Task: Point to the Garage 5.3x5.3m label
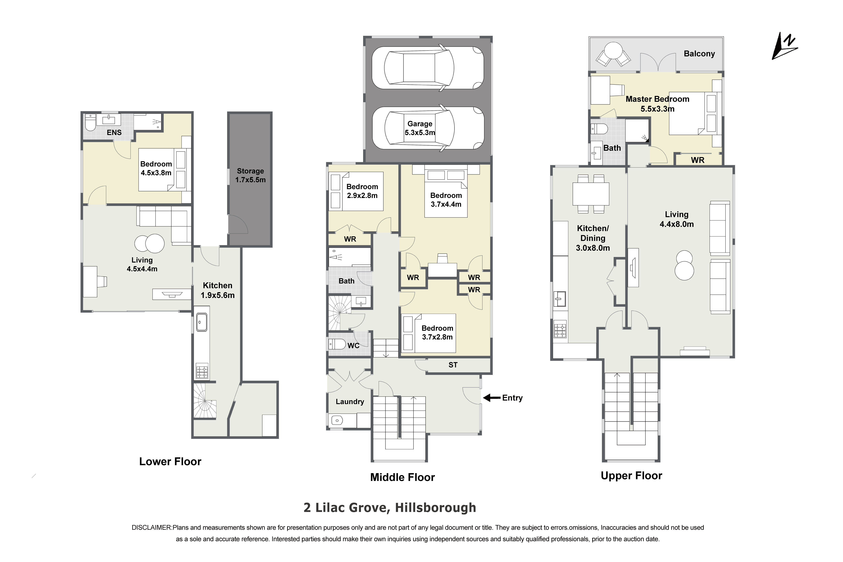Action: (x=420, y=128)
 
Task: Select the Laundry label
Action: (x=350, y=402)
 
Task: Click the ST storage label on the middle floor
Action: (x=453, y=365)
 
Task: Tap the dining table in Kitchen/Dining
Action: (x=591, y=194)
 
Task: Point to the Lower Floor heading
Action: (x=170, y=462)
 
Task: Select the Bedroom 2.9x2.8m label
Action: (x=362, y=191)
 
